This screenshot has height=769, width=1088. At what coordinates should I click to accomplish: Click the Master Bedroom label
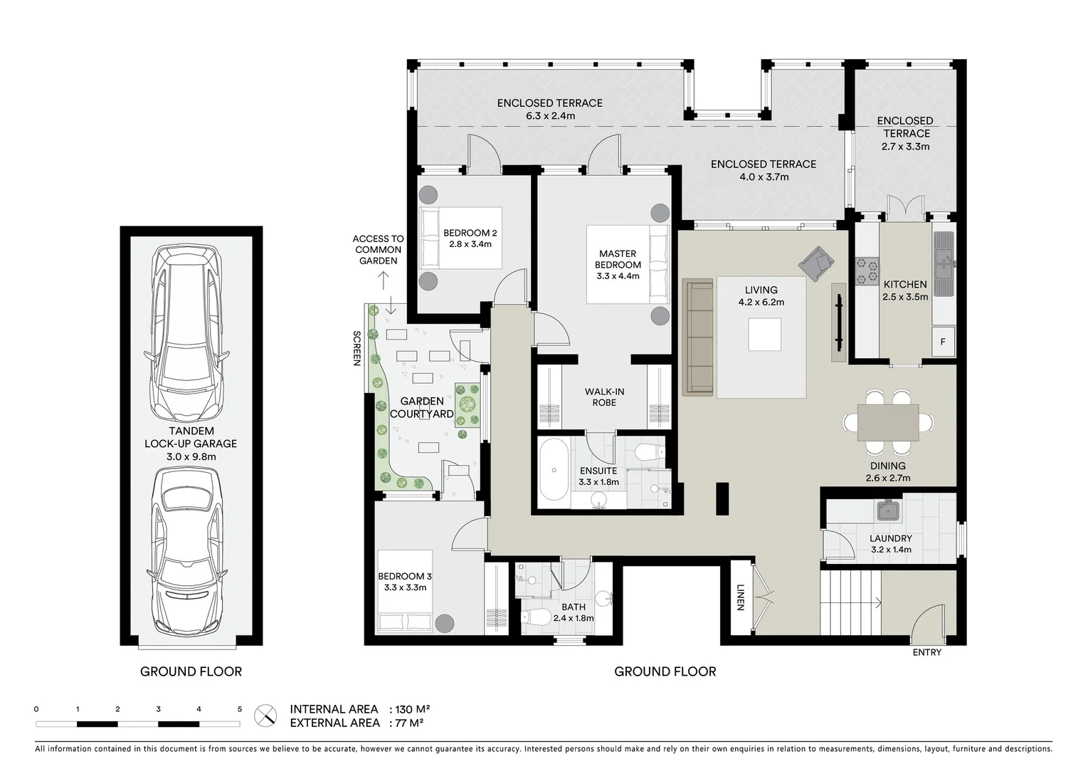pos(618,264)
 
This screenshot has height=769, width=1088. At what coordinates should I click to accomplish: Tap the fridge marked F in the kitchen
pos(943,342)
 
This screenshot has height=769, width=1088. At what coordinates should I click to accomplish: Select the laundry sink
pos(889,511)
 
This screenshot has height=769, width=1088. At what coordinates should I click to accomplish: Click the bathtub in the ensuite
pos(553,470)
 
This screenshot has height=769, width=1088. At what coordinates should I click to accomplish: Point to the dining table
pos(888,422)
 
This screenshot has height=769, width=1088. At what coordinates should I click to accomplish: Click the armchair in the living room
pos(815,263)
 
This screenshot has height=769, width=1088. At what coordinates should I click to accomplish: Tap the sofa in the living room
pos(698,337)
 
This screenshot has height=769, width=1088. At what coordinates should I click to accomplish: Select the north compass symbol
pos(266,715)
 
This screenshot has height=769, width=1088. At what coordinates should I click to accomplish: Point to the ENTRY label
pos(926,652)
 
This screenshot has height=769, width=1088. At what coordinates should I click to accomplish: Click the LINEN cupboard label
pos(740,597)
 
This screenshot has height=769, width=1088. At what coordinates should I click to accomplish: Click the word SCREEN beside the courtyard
pos(357,348)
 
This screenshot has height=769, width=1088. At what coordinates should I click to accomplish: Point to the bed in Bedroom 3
pos(404,591)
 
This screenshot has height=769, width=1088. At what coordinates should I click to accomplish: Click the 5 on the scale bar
pos(240,709)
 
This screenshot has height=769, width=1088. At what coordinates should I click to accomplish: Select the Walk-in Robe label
pos(604,397)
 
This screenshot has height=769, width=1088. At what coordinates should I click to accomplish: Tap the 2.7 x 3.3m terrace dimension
pos(905,147)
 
